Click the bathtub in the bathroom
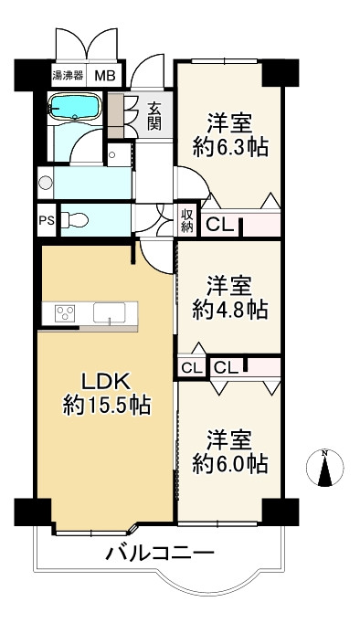[x=74, y=106]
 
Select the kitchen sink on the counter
[x=110, y=312]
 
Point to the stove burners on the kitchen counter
[x=65, y=312]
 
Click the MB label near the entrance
[x=104, y=76]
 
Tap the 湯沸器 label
[x=68, y=75]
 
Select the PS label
[x=47, y=220]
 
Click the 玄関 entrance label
[x=154, y=116]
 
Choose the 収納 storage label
[x=187, y=221]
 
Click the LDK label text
[x=106, y=382]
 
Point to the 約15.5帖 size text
[x=107, y=406]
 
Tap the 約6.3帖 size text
[x=230, y=147]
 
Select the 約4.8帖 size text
[x=230, y=309]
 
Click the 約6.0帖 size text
[x=230, y=463]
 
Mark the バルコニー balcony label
[x=160, y=553]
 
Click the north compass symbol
[x=325, y=468]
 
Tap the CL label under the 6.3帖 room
[x=219, y=226]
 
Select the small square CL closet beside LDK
[x=192, y=368]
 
